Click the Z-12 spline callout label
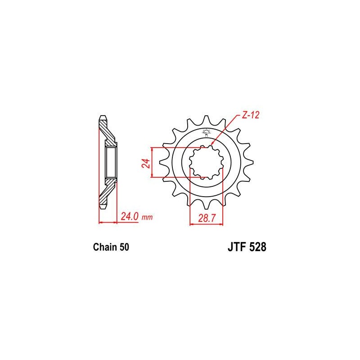[x=251, y=115]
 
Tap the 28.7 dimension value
[x=207, y=218]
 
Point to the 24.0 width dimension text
[x=130, y=216]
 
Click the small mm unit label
[x=147, y=217]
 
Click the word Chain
[x=105, y=247]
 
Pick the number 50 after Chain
[x=124, y=247]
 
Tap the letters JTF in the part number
[x=237, y=247]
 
